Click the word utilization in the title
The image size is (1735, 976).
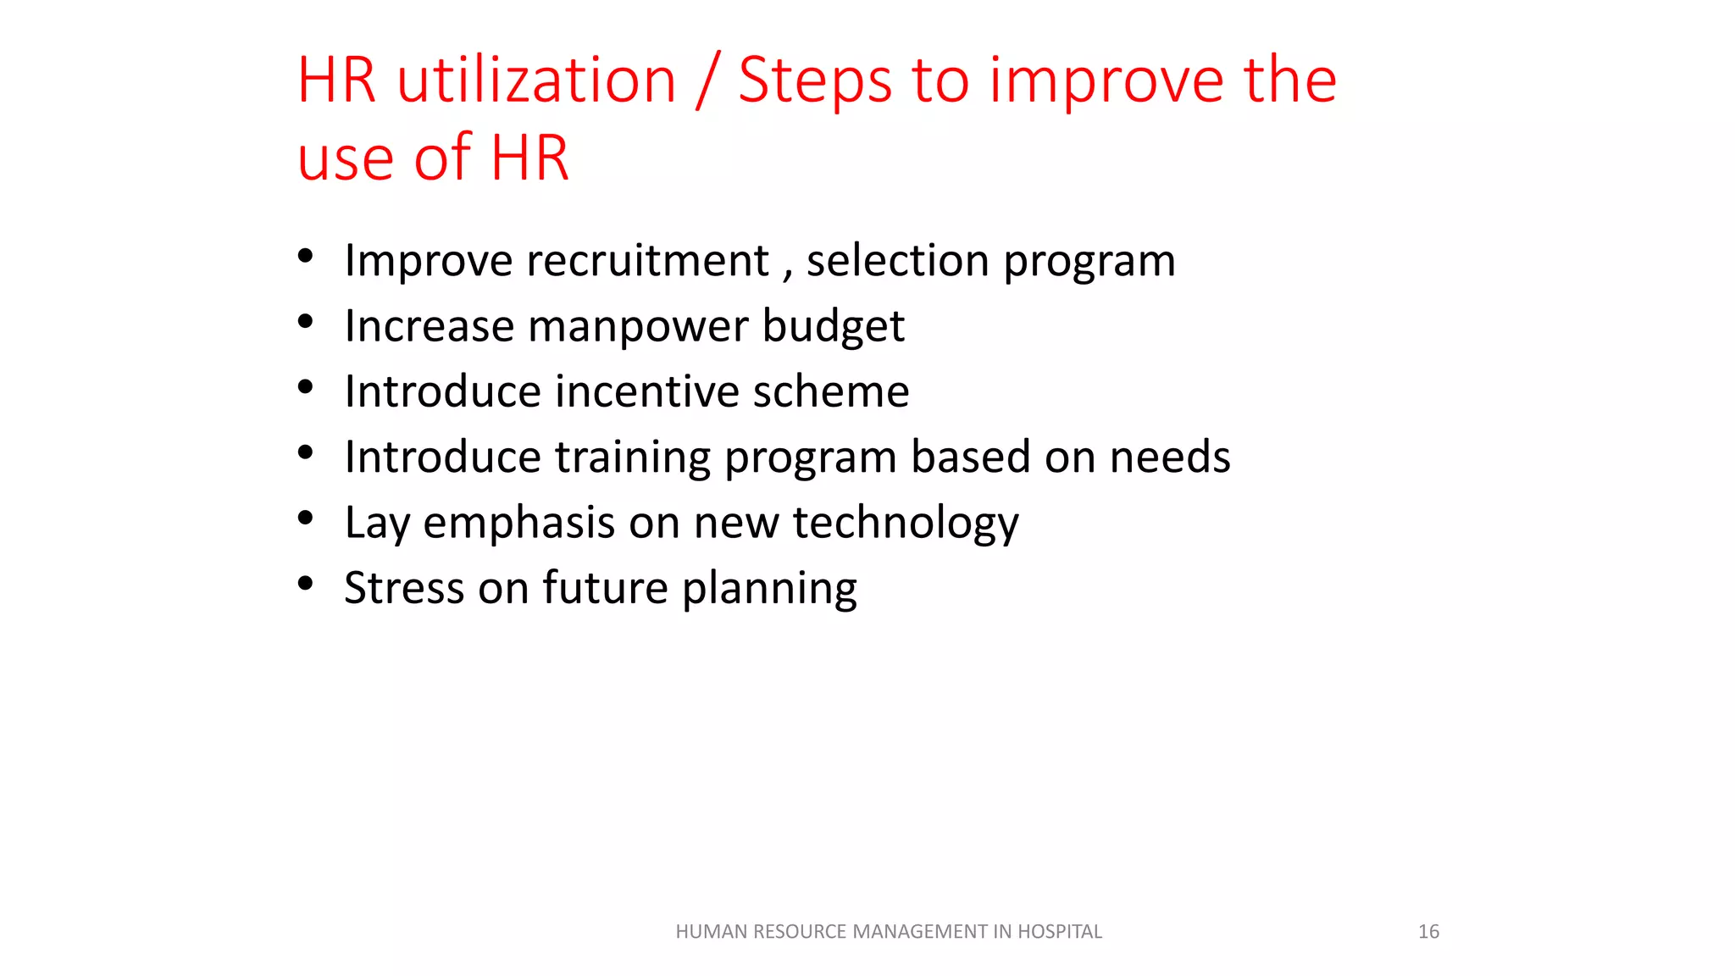click(536, 80)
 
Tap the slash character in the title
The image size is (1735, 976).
click(707, 80)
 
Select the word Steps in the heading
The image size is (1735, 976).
click(815, 80)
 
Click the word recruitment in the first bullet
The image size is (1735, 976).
click(647, 260)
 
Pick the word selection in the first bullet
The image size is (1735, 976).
click(897, 260)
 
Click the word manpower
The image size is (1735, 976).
click(638, 326)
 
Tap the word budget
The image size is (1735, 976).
click(833, 326)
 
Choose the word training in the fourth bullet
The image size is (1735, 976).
click(633, 457)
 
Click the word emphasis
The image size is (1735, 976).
click(518, 523)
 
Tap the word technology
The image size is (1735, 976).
click(906, 523)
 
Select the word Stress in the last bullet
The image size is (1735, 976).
click(403, 588)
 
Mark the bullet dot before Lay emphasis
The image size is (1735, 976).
click(306, 517)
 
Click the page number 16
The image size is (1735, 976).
click(1428, 932)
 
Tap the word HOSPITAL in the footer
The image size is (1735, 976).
click(1059, 932)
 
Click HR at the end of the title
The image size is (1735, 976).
click(529, 158)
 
